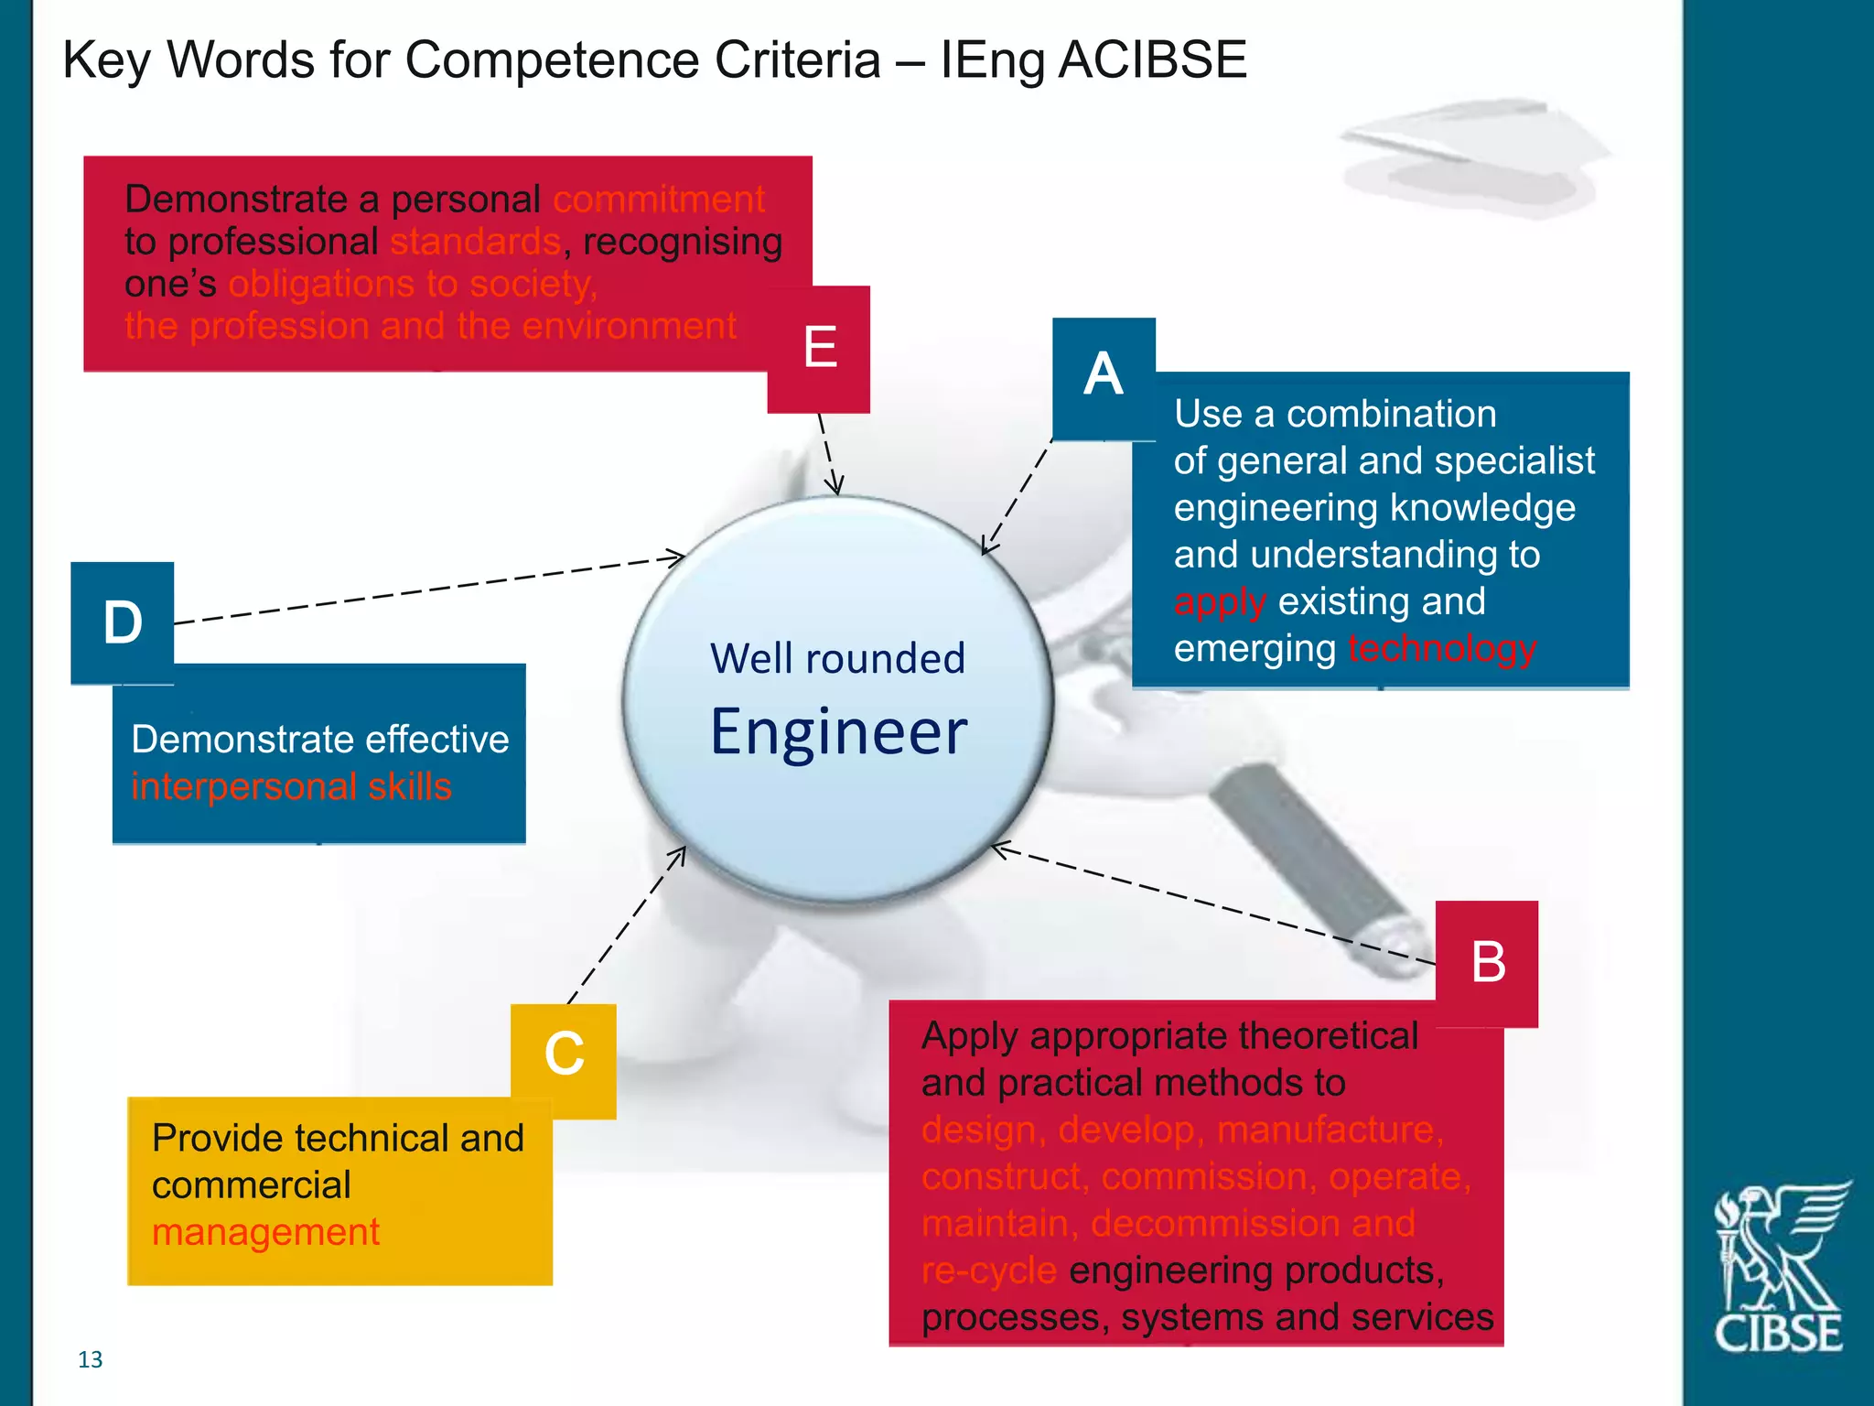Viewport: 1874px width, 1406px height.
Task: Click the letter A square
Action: coord(1104,377)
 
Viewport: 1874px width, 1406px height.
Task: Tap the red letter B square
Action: coord(1487,963)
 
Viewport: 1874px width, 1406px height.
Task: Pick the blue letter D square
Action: coord(123,623)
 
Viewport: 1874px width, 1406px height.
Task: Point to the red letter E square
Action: coord(819,349)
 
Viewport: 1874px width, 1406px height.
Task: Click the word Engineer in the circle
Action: coord(838,732)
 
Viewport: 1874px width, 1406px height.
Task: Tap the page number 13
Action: coord(90,1360)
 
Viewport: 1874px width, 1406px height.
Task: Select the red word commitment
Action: coord(659,200)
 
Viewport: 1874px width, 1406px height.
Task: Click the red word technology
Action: coord(1442,649)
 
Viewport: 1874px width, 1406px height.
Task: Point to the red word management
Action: coord(265,1233)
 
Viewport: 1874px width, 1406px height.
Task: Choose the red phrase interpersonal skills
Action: coord(291,787)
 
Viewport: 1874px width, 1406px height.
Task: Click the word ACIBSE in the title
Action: coord(1153,60)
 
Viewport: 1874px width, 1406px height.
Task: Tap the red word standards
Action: coord(475,243)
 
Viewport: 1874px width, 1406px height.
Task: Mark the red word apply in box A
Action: coord(1220,602)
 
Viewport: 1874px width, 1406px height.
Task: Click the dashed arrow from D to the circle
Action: coord(430,589)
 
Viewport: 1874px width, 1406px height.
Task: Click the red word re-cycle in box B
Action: coord(988,1271)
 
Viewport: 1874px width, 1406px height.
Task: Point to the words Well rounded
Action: coord(837,659)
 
